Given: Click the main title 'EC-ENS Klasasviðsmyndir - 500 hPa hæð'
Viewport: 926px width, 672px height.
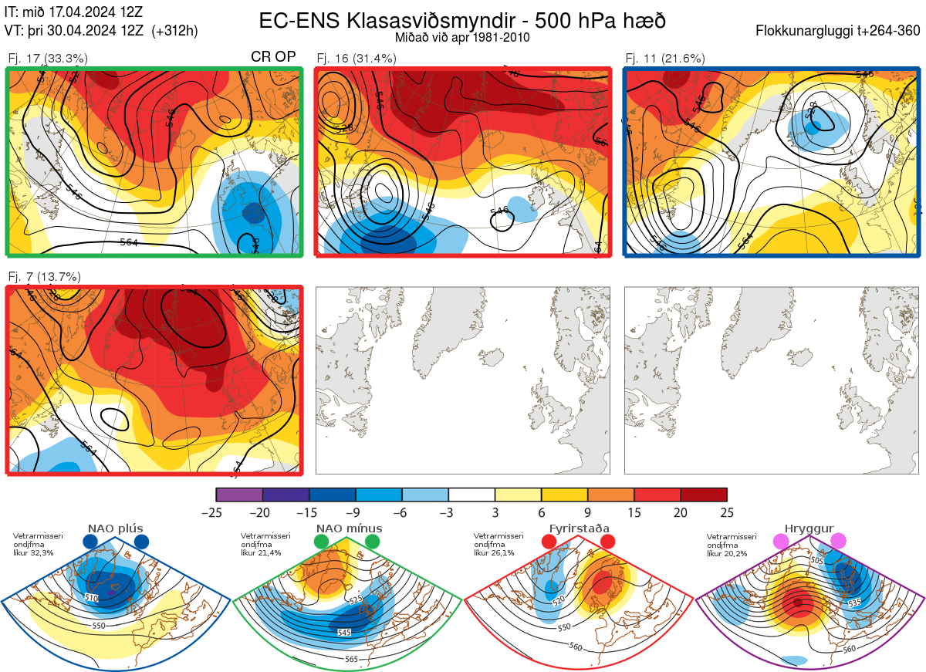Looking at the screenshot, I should (x=461, y=21).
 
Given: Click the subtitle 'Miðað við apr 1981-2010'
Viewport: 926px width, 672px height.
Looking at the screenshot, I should (x=461, y=37).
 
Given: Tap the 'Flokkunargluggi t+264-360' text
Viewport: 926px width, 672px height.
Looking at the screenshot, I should (x=840, y=31).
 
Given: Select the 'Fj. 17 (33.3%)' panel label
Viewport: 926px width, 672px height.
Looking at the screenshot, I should (x=48, y=58).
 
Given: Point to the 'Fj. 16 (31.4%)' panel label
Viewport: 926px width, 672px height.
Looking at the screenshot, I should (x=357, y=58).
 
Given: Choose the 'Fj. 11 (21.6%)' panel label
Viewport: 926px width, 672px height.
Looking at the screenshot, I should (x=665, y=58).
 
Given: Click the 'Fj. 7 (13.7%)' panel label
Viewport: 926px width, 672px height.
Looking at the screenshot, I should (x=44, y=276).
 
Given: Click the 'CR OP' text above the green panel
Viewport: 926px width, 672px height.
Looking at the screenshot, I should (x=273, y=57).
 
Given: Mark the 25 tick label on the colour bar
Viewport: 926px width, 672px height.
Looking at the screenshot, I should (x=726, y=512).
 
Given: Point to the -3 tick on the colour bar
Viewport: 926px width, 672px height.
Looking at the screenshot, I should (x=448, y=512).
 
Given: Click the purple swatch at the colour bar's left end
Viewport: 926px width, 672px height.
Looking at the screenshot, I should (x=239, y=495).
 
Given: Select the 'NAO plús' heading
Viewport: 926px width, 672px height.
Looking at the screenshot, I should (x=115, y=528).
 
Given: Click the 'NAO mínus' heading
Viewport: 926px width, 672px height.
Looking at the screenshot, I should (x=349, y=528).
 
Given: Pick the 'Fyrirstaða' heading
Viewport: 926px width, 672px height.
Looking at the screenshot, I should (x=578, y=528).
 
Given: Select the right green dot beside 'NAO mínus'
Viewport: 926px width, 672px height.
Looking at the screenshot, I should (x=373, y=542).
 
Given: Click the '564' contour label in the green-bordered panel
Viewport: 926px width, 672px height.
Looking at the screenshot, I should (x=130, y=242).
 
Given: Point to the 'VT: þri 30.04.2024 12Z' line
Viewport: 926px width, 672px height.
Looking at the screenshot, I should (x=101, y=31).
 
